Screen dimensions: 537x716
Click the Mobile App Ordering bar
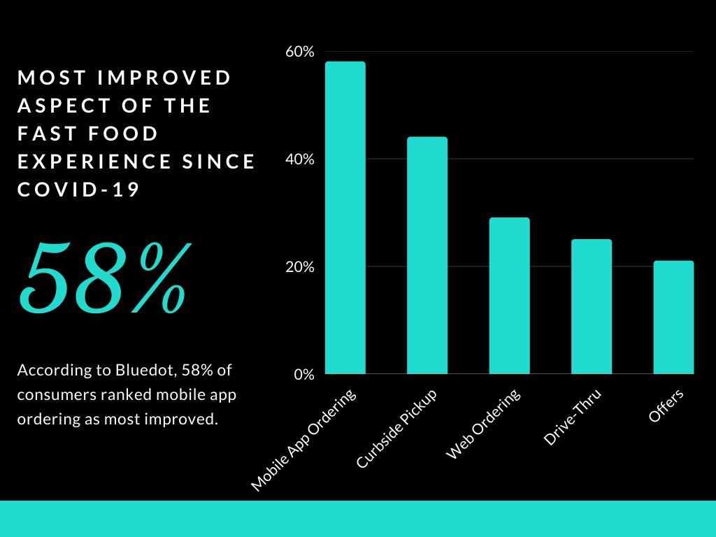345,217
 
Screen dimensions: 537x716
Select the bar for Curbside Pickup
427,255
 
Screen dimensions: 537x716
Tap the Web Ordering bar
509,296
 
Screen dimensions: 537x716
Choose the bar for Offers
673,317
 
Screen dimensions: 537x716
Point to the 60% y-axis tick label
300,52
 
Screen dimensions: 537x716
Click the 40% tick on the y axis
300,159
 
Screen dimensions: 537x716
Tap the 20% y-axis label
300,267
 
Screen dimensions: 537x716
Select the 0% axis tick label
303,374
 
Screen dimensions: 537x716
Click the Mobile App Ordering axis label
303,439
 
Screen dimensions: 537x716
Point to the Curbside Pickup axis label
396,428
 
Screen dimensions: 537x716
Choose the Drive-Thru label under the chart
572,417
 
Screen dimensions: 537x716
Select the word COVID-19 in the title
79,189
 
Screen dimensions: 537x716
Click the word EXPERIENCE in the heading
94,162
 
